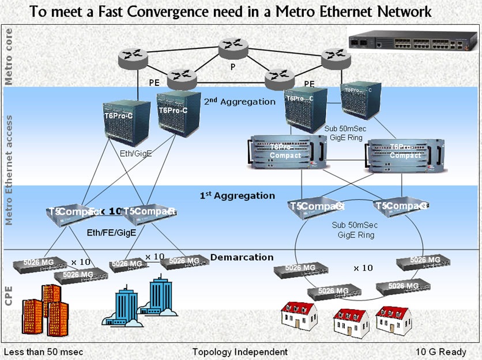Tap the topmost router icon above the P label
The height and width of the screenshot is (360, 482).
tap(232, 48)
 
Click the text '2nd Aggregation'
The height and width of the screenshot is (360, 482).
tap(240, 102)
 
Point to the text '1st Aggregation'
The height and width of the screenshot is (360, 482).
tap(237, 196)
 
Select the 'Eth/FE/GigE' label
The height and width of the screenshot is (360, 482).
tap(111, 233)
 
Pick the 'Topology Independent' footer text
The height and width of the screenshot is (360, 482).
tap(240, 351)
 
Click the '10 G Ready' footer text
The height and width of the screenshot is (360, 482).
tap(440, 351)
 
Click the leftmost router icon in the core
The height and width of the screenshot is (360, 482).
tap(133, 56)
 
